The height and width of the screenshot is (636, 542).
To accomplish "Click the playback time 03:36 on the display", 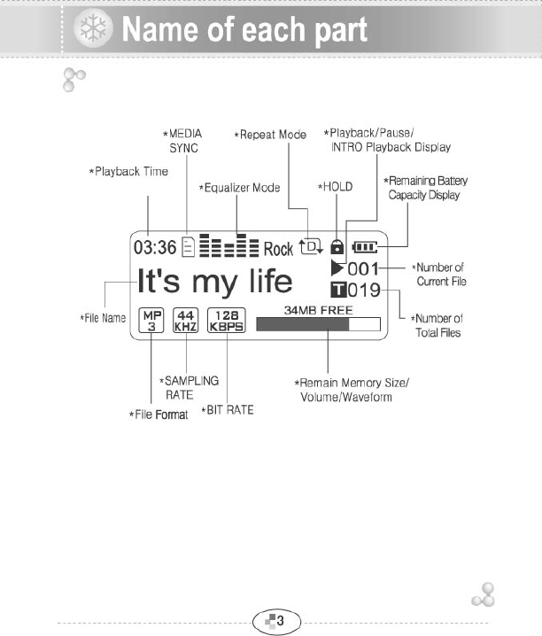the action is [154, 248].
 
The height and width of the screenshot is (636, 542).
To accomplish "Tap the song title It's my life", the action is [215, 281].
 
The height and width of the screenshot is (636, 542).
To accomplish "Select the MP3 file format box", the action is [152, 320].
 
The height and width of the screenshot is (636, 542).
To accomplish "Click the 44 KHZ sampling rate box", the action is [185, 320].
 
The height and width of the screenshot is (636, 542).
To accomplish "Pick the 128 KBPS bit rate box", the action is [226, 320].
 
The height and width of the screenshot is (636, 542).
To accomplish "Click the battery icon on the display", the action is [364, 248].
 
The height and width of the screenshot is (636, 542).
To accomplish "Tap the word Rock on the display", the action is [278, 249].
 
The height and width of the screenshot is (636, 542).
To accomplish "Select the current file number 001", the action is [363, 268].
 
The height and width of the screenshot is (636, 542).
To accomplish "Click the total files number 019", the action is [363, 290].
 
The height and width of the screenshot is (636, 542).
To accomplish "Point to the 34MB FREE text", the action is [318, 310].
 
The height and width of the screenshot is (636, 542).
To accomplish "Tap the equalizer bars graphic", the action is [229, 247].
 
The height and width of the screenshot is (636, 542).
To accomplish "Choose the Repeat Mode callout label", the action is [270, 135].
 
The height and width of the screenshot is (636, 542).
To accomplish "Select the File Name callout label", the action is [103, 317].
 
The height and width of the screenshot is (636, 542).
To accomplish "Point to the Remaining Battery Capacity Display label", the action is [425, 187].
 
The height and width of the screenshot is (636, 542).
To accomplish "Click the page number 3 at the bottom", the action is [280, 620].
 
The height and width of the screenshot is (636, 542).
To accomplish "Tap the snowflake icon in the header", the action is [89, 30].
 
